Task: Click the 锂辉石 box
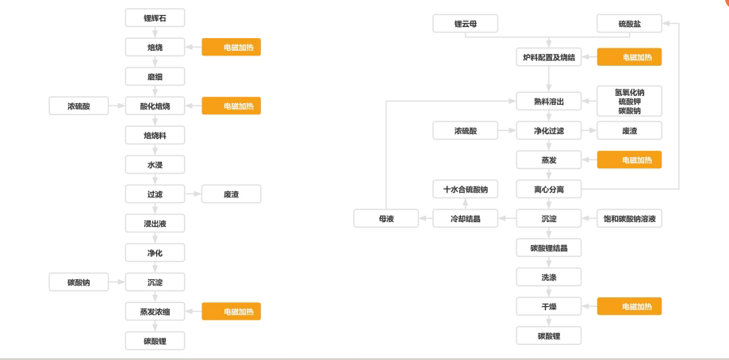point(155,17)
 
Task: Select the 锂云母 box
point(465,25)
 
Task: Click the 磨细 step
point(155,77)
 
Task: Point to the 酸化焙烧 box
point(155,105)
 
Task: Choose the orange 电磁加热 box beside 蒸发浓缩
point(232,312)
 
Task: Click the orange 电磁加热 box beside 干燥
point(628,306)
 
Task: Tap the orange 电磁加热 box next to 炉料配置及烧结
point(628,57)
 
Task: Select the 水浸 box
point(155,165)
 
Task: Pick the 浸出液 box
point(155,224)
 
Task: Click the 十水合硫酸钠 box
point(465,189)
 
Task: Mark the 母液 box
point(386,218)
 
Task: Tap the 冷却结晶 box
point(465,218)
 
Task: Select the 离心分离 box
point(548,189)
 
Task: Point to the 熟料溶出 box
point(548,101)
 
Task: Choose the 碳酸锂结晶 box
point(548,247)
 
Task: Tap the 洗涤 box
point(548,277)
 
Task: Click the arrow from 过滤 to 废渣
point(193,194)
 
